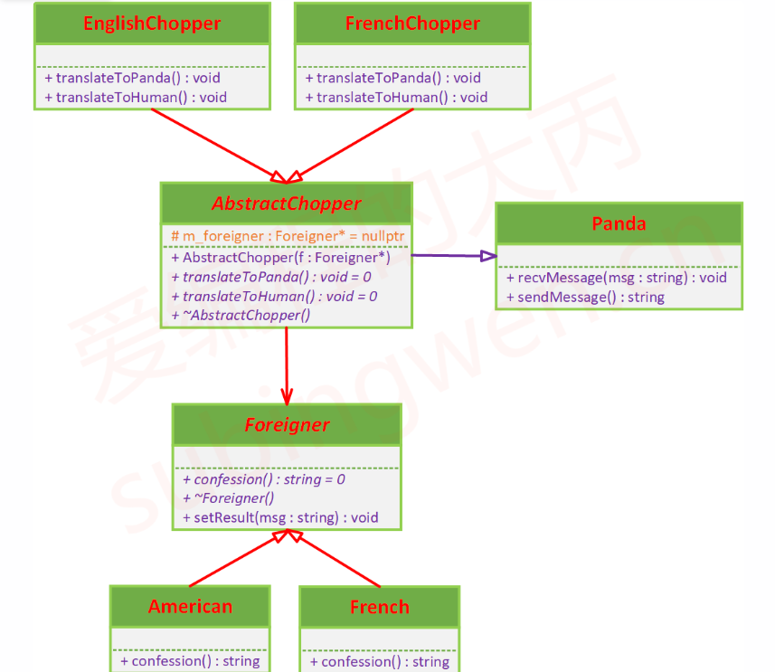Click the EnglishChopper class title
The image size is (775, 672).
(152, 24)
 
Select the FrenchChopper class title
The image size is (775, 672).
(412, 24)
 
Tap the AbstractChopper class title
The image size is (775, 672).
(286, 203)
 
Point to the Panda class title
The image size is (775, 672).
(619, 223)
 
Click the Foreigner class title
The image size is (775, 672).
(287, 424)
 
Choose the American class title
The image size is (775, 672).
(190, 606)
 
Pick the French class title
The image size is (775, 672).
(380, 607)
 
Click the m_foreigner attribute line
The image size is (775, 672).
(287, 236)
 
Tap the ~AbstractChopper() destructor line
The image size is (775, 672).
(241, 315)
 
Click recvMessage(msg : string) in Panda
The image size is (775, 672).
(617, 278)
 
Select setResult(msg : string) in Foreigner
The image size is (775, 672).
(280, 518)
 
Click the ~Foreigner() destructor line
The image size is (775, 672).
(229, 498)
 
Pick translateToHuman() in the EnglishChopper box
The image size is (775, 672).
(136, 97)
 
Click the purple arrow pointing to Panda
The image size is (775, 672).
(452, 256)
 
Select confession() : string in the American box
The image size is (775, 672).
(190, 661)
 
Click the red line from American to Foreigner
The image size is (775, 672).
(235, 561)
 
